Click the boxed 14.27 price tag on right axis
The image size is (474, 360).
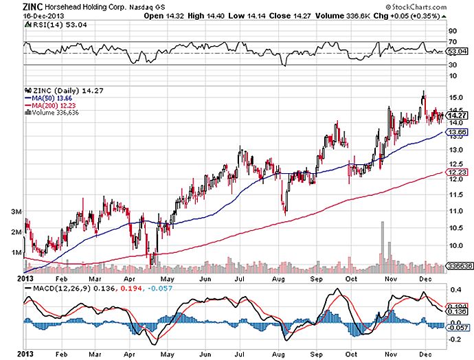coord(458,116)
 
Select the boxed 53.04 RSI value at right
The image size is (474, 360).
coord(458,51)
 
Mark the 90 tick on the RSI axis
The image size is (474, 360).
coord(453,31)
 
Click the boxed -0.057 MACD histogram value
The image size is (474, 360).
coord(458,328)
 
